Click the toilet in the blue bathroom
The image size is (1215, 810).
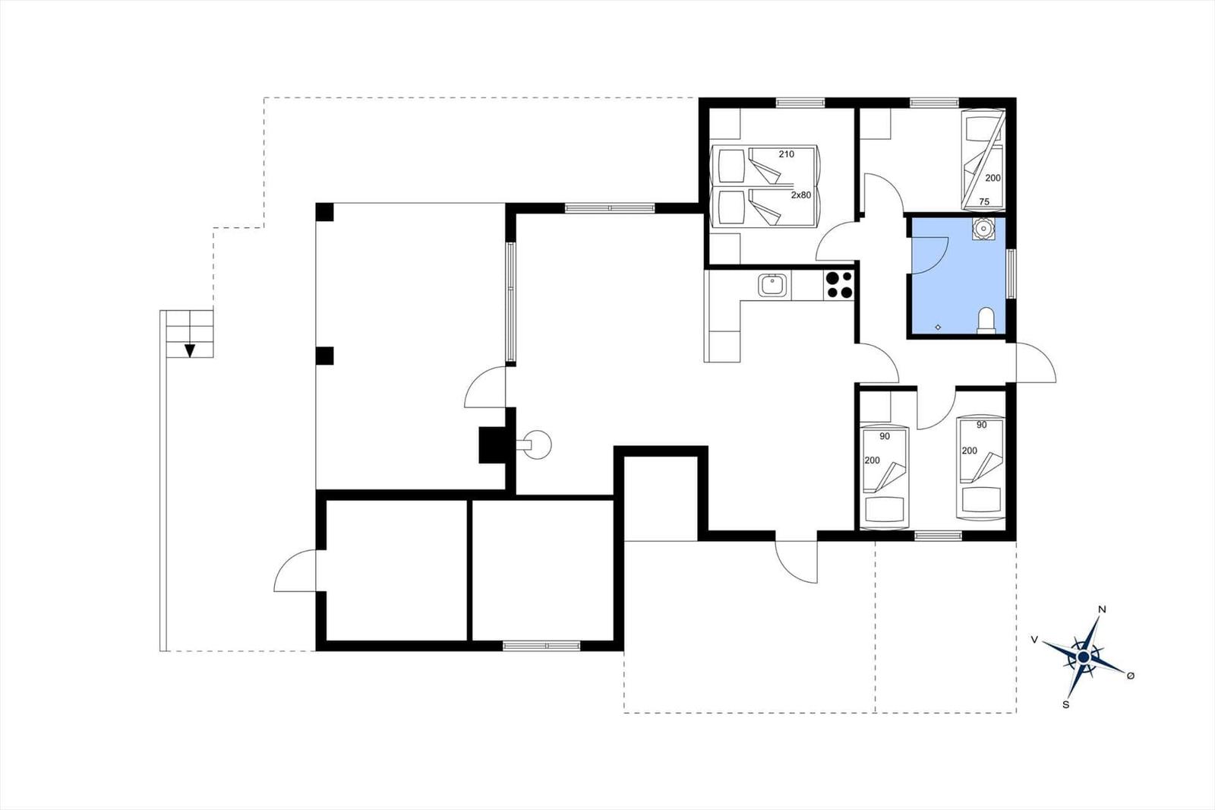(986, 321)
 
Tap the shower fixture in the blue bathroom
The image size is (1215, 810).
(983, 229)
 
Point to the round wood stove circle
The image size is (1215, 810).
(538, 445)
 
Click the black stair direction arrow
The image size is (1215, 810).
(189, 351)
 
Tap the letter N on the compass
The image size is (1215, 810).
(1102, 609)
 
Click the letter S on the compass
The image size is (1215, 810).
(1066, 704)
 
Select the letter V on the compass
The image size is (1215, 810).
(1035, 640)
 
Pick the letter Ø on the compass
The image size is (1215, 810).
(1131, 676)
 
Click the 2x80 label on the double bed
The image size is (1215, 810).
(800, 195)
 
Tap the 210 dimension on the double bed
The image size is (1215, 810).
(787, 154)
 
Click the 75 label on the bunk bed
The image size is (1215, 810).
(984, 202)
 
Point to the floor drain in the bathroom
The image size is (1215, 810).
(939, 327)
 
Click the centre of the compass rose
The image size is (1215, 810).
(1084, 657)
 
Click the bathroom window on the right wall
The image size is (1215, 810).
(1011, 274)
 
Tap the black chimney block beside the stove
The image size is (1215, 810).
(494, 445)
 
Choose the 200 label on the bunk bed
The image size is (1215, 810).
(993, 178)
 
